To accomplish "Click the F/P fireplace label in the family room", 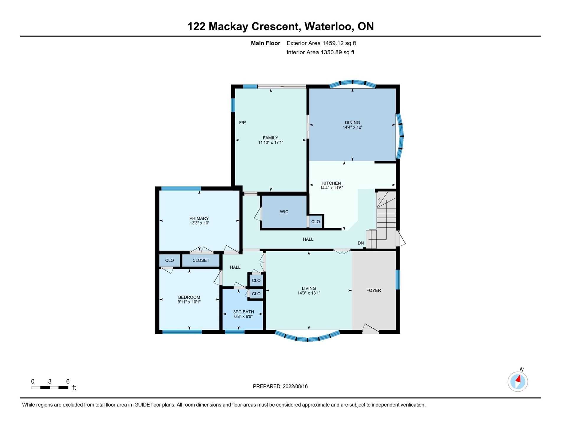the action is [x=242, y=122].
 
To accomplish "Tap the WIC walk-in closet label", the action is [x=284, y=211].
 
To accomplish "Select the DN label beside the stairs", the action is [x=361, y=243].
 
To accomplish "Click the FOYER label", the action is [x=374, y=290].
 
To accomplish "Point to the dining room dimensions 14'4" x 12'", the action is [x=352, y=127].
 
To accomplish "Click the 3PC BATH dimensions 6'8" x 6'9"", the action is [x=244, y=316].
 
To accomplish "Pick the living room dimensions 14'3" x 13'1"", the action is [x=309, y=293].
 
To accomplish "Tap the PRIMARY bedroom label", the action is [x=199, y=218].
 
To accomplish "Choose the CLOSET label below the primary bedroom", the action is [x=201, y=260].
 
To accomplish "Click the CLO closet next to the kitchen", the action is [x=315, y=222].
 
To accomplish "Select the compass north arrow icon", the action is [x=518, y=381].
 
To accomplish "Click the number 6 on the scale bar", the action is [x=68, y=381].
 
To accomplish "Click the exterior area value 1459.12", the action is [x=333, y=43].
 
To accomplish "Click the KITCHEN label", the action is [x=331, y=183].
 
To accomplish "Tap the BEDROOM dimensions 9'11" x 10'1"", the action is [x=189, y=302].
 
